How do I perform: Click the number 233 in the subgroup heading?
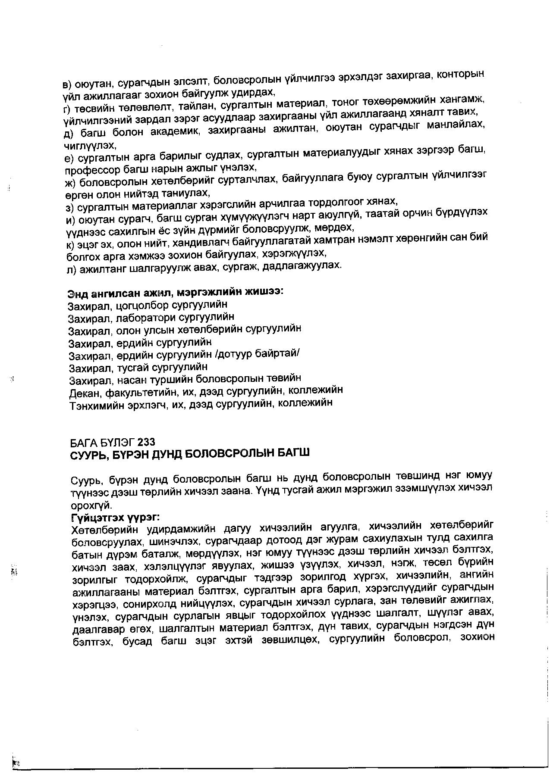coord(147,442)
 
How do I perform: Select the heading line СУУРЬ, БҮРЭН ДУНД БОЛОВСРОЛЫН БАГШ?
coord(189,454)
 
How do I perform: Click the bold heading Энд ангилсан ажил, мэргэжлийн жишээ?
coord(175,293)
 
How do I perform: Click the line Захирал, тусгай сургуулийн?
coord(138,368)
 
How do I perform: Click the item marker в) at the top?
coord(68,84)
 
